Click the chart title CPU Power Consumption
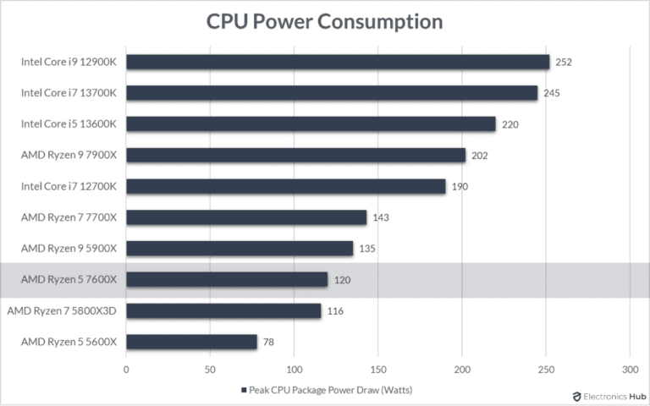coord(325,21)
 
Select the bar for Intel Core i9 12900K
coord(338,62)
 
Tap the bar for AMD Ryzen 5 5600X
coord(191,342)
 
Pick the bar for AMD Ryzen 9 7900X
coord(295,155)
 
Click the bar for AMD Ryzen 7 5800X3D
coord(223,310)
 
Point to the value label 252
coord(563,62)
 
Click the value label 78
coord(267,342)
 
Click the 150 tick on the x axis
coord(377,370)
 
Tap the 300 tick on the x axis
coord(629,370)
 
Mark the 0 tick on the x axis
coord(126,370)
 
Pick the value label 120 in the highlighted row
coord(341,280)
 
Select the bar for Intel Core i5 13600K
coord(311,124)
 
